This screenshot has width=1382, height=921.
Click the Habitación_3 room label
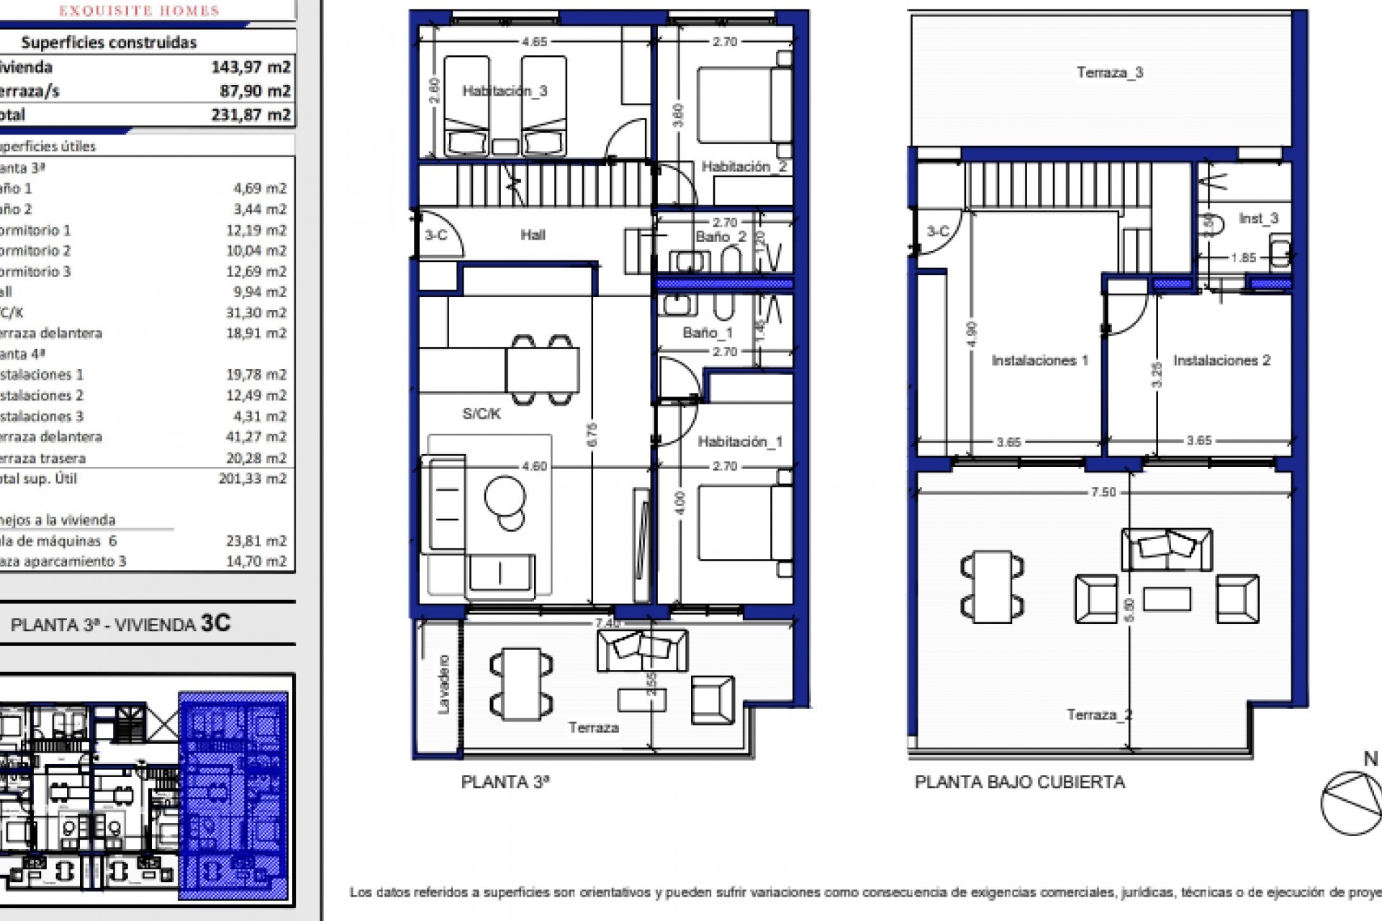coord(505,91)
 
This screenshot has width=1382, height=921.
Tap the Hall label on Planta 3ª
coord(533,235)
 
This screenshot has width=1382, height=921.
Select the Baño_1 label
coord(707,332)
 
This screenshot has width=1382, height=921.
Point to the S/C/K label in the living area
coord(481,414)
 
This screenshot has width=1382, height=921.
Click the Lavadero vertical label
coord(443,684)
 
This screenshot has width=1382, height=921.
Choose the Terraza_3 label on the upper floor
coord(1109,73)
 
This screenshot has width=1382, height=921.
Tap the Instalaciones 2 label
coord(1221,360)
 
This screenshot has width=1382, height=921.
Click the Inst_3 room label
coord(1258,218)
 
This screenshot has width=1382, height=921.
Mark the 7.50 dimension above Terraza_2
coord(1103,492)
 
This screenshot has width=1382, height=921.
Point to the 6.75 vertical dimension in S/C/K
coord(592,435)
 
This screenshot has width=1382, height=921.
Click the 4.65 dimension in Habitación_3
coord(534,42)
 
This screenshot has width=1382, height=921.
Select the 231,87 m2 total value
coord(250,115)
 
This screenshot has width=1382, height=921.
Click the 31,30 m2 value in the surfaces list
coord(256,312)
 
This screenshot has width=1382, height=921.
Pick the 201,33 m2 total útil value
coord(252,478)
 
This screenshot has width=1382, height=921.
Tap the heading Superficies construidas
coord(109,42)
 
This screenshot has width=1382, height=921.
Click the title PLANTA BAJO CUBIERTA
coord(1019,782)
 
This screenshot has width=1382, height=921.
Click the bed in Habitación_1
coord(744,524)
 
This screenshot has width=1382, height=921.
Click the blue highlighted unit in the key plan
coord(233,795)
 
